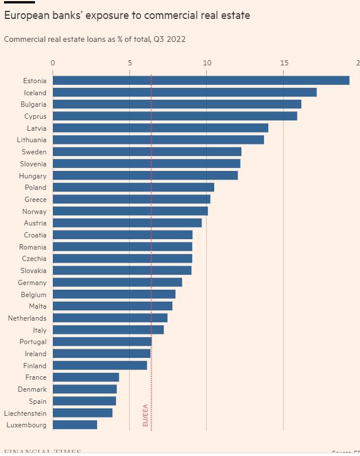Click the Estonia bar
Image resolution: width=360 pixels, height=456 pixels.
point(201,80)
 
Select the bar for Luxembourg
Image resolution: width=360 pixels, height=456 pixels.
point(75,424)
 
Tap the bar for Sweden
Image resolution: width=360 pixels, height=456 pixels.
point(147,151)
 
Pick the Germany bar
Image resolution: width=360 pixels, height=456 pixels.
point(117,282)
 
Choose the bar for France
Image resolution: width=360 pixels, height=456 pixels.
point(86,377)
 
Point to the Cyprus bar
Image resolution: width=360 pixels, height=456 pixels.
point(175,116)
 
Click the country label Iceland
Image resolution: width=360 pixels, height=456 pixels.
point(35,92)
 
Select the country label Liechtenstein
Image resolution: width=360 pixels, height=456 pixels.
point(25,413)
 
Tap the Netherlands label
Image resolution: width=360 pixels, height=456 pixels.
point(27,318)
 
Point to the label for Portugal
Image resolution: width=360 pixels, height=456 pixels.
point(33,341)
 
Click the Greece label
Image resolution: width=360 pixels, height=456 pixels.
point(36,199)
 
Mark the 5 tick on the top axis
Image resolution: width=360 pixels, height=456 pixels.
point(130,63)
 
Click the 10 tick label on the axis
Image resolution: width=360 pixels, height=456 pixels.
point(207,63)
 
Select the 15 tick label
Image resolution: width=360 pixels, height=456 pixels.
point(284,63)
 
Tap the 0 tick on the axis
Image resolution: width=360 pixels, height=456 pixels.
point(53,63)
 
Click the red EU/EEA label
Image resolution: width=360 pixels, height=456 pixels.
point(145,415)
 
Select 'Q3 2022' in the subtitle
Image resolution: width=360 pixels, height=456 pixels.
point(171,39)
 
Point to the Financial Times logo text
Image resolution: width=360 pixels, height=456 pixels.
point(42,452)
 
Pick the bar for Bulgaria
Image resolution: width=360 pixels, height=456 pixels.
point(177,104)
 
